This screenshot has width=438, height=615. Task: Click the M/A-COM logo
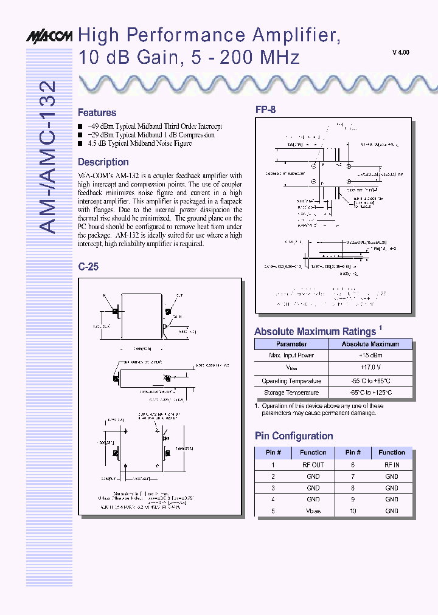[x=49, y=37]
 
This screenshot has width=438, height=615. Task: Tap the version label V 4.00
[x=400, y=53]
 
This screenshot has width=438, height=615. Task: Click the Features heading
[x=97, y=112]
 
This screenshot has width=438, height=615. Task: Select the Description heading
[x=103, y=162]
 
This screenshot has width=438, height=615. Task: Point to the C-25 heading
[x=88, y=266]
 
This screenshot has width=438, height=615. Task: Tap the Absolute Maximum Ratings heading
[x=315, y=332]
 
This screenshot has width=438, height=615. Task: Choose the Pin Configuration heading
[x=293, y=436]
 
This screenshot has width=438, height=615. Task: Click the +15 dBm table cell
[x=370, y=356]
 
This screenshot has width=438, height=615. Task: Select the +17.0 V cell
[x=370, y=368]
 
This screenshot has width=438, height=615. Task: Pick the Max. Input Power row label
[x=291, y=356]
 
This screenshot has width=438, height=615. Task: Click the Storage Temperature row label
[x=291, y=393]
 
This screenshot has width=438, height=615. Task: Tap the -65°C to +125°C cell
[x=370, y=393]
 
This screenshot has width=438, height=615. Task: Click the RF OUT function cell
[x=313, y=465]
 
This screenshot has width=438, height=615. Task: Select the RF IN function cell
[x=391, y=465]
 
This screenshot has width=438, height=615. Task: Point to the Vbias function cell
[x=313, y=511]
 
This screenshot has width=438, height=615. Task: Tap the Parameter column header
[x=291, y=344]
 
